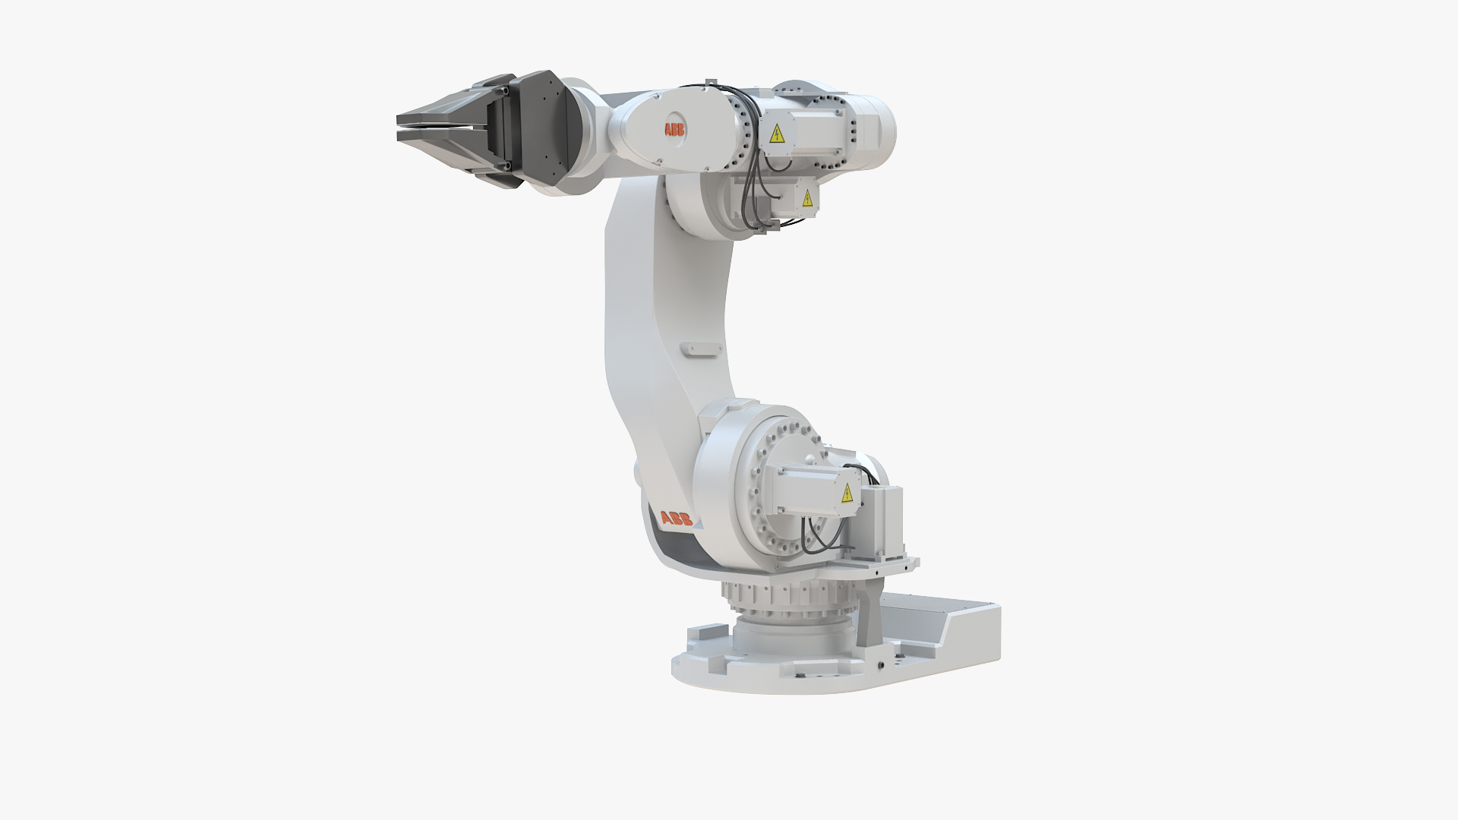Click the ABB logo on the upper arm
tap(674, 131)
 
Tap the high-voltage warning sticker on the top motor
tap(777, 136)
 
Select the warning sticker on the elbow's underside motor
tap(806, 199)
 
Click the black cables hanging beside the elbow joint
tap(753, 190)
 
